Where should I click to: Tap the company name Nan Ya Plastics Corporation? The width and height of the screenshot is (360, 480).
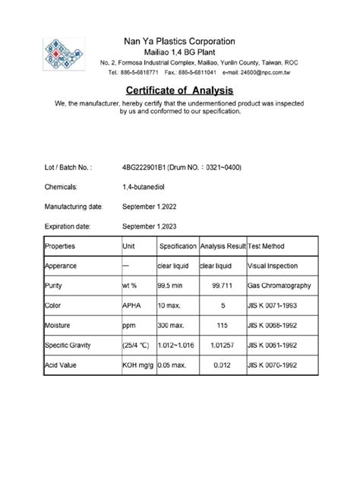point(179,40)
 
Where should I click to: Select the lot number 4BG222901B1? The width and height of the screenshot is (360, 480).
point(147,166)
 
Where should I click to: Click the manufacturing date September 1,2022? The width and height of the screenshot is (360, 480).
point(154,206)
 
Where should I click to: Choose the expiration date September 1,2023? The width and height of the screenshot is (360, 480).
point(154,226)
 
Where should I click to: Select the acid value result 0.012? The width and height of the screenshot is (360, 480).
point(223,365)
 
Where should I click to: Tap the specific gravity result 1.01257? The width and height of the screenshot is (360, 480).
point(223,346)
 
